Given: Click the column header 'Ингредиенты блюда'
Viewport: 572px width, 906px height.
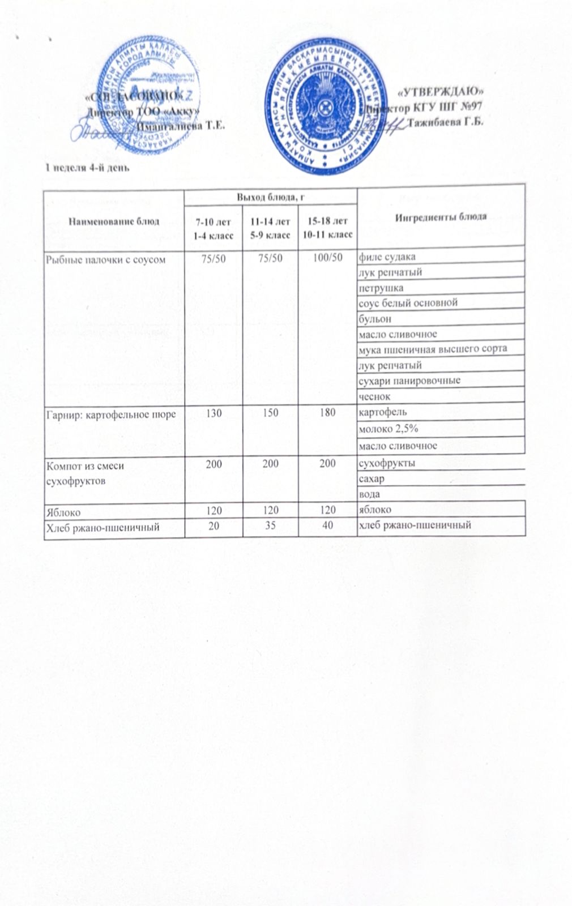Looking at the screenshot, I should pos(441,217).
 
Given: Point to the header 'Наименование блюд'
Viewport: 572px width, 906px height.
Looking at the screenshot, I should pos(114,221).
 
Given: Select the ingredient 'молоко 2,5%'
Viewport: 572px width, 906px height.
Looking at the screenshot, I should pos(388,429).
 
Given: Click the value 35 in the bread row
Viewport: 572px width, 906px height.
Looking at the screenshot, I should pos(270,525).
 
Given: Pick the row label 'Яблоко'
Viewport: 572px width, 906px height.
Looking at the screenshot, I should pos(63,512).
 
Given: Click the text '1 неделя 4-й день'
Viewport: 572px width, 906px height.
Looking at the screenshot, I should pos(88,167).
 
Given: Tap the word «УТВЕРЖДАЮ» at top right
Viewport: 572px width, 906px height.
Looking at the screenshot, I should pos(441,91).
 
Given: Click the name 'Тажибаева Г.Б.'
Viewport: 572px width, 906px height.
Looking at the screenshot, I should pos(445,122).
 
